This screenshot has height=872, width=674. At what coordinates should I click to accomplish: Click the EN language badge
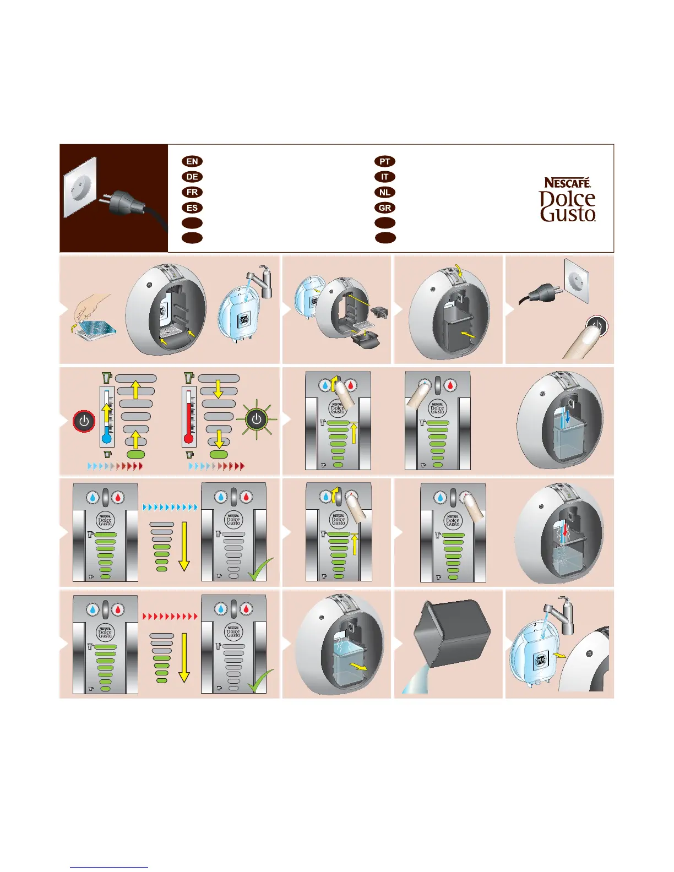[192, 161]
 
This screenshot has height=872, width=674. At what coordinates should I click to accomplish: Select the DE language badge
[192, 177]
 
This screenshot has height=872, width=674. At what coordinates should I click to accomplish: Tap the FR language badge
[192, 192]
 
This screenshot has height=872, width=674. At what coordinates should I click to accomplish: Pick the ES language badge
[192, 208]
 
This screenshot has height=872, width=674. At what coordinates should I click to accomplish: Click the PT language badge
[385, 161]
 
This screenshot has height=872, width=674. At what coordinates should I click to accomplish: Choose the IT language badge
[385, 177]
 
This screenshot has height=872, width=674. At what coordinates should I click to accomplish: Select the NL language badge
[385, 192]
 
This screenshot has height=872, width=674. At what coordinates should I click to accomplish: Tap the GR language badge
[385, 208]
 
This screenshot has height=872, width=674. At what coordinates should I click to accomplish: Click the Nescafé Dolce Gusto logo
[568, 199]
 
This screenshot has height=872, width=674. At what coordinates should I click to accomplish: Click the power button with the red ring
[84, 422]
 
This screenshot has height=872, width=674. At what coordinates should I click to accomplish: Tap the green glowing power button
[257, 419]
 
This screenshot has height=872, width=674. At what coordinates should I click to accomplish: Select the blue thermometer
[107, 416]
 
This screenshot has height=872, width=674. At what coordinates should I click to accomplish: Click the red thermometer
[189, 416]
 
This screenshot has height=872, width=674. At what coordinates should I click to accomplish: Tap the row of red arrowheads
[170, 617]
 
